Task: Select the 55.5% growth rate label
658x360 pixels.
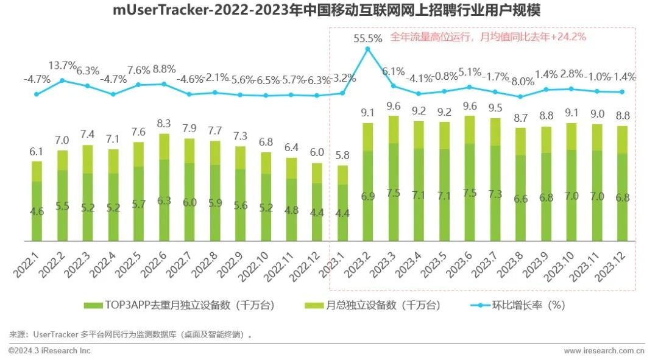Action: point(368,38)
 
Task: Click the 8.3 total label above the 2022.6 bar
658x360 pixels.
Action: point(164,124)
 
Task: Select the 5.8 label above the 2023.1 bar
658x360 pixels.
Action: point(343,155)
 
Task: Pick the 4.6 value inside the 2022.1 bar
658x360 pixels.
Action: point(37,212)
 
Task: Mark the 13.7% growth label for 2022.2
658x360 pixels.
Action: point(63,65)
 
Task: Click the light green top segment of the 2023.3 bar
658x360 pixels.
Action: point(394,129)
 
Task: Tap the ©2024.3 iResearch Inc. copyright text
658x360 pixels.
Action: point(50,351)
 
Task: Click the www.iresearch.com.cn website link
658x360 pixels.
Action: point(604,351)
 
